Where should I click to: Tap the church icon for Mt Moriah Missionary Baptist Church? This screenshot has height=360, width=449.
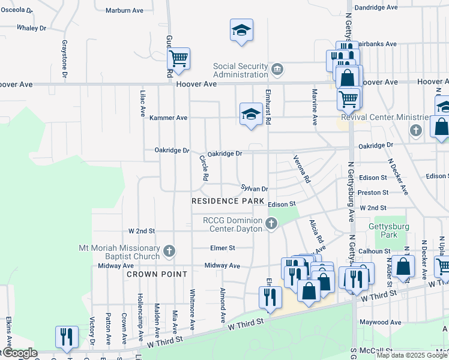[169, 251]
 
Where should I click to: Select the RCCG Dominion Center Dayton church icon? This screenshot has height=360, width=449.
[271, 224]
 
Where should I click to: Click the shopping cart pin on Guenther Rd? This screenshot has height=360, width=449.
[178, 59]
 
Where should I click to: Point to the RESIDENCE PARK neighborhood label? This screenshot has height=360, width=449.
[228, 200]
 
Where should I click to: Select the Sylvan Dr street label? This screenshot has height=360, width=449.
[254, 188]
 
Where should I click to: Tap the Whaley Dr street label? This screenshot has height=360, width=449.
[31, 28]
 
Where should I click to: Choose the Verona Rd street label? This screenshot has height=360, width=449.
[301, 169]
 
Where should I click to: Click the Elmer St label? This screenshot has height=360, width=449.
[222, 248]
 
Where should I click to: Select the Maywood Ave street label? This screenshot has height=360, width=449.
[380, 322]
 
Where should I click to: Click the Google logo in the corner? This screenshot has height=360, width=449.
[19, 353]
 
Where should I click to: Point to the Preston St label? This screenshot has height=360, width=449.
[373, 193]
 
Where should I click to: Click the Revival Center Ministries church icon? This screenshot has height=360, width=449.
[415, 130]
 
